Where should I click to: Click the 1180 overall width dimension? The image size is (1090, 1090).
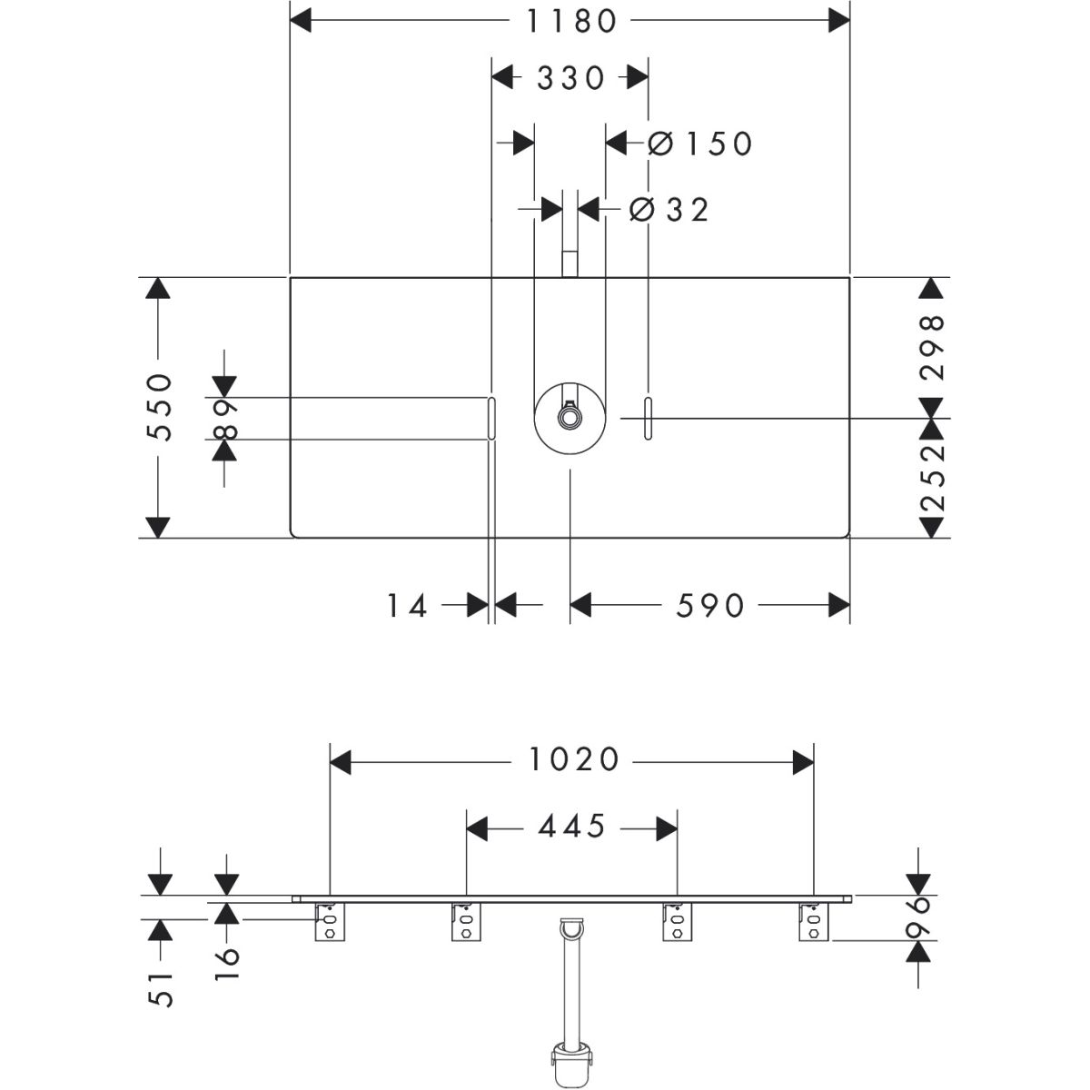click(x=570, y=22)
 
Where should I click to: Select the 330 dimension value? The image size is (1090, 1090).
click(x=570, y=78)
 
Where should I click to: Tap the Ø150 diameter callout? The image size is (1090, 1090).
click(x=700, y=144)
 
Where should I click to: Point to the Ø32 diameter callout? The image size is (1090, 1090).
click(x=669, y=210)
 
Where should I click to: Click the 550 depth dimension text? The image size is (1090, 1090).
click(x=159, y=407)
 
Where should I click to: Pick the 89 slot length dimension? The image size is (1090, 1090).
click(x=225, y=419)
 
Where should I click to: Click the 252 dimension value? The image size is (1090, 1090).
click(x=932, y=478)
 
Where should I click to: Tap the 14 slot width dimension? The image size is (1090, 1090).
click(x=407, y=606)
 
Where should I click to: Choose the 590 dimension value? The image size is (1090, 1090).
click(x=710, y=606)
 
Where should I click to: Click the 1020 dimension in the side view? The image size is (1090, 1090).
click(x=573, y=759)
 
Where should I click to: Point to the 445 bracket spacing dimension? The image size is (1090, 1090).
click(x=571, y=826)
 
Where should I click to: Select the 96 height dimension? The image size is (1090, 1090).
click(x=920, y=921)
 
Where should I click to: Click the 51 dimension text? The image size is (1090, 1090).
click(x=160, y=989)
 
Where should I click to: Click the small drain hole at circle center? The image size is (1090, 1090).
click(x=568, y=418)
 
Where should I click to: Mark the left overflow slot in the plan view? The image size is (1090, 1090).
click(x=491, y=418)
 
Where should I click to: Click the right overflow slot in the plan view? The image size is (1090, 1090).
click(x=649, y=418)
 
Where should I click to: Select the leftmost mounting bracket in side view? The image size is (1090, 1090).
click(x=330, y=923)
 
